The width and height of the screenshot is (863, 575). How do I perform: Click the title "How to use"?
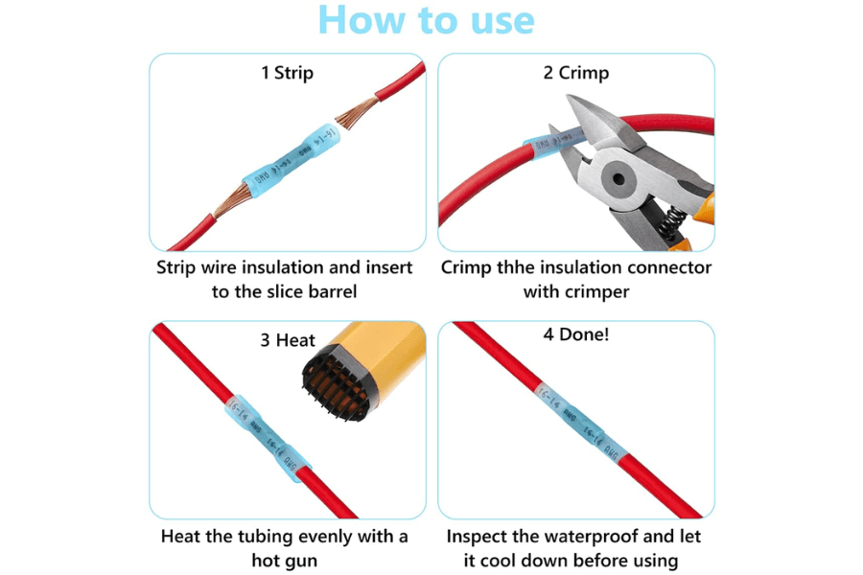pyautogui.click(x=426, y=21)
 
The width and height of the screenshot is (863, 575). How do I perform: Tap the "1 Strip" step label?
pyautogui.click(x=288, y=73)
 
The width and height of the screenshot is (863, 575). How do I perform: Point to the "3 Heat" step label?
pyautogui.click(x=288, y=340)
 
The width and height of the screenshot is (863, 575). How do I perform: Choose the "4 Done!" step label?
pyautogui.click(x=576, y=336)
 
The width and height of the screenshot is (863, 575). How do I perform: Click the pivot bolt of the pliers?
pyautogui.click(x=615, y=178)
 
